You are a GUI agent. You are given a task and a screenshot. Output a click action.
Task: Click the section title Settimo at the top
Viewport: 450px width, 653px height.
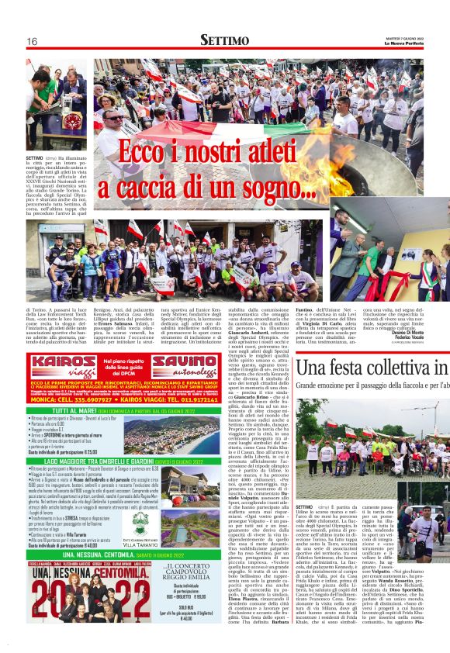225,40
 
